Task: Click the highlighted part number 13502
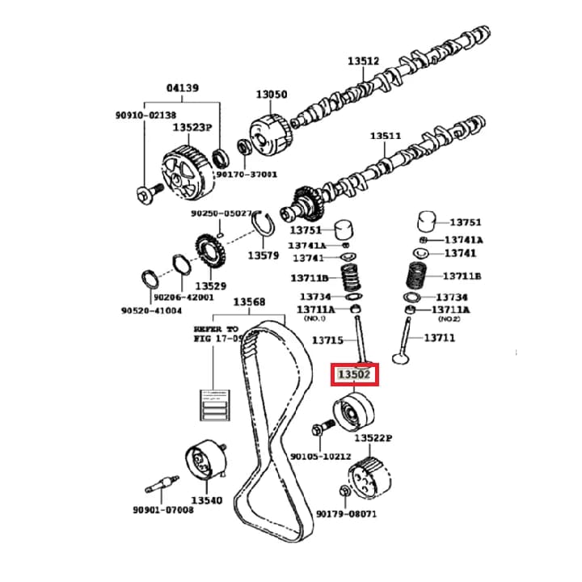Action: click(x=355, y=375)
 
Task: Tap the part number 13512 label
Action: click(x=363, y=61)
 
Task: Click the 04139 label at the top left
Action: click(x=183, y=87)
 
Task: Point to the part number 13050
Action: click(x=272, y=95)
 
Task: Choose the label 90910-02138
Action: click(x=145, y=116)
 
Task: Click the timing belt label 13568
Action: click(x=249, y=302)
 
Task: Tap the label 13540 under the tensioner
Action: click(x=205, y=501)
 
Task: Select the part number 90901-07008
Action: click(x=163, y=510)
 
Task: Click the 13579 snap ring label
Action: click(x=263, y=255)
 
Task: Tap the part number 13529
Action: click(x=209, y=285)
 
